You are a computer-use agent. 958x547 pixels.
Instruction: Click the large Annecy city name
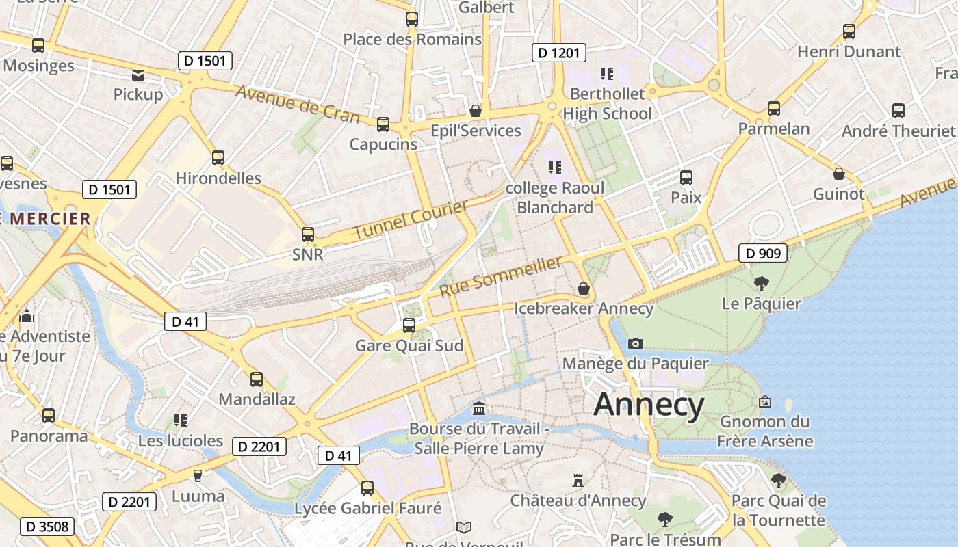649,405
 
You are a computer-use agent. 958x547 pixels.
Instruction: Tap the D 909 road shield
763,254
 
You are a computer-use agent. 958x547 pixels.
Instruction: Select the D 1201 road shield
559,53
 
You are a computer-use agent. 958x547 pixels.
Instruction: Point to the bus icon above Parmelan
773,109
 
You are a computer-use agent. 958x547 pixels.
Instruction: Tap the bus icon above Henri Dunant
849,31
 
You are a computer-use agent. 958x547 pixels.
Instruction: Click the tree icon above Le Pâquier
761,283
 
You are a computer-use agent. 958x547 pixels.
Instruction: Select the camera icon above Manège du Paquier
636,343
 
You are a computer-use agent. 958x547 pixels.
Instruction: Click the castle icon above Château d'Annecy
578,481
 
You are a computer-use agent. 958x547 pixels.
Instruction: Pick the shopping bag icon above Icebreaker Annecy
584,289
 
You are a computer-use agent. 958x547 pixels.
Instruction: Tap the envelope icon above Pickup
138,75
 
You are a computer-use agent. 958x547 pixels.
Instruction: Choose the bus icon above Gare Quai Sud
409,325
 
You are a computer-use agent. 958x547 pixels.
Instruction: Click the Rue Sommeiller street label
501,276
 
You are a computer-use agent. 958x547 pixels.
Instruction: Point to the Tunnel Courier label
410,219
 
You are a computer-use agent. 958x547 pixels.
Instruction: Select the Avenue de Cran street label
298,104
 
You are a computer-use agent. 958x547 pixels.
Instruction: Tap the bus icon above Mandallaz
257,379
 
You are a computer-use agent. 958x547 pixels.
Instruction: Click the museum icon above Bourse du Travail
479,409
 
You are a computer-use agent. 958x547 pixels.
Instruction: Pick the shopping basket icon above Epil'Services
476,111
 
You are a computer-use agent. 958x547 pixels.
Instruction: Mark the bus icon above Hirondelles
218,158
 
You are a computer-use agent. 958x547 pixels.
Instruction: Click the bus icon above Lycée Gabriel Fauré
367,488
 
